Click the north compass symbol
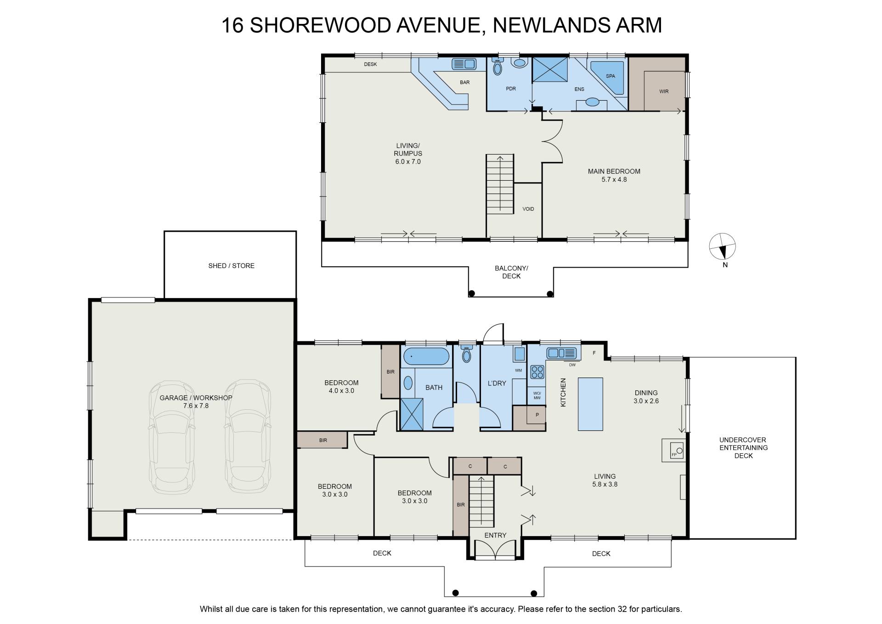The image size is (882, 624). coord(723,246)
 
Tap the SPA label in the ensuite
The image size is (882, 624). coord(610,76)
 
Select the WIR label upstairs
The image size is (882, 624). coord(664,92)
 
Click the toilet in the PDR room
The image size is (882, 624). coord(497,67)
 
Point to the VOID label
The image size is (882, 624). coord(528,209)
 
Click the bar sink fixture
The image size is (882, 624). coord(464,64)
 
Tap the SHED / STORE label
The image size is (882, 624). coord(231,266)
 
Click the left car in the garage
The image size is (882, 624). coord(171,437)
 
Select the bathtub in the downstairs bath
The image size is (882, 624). coord(426,356)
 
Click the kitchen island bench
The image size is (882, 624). coord(590,404)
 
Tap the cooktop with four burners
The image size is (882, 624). coord(537,372)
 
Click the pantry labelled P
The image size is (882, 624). coord(529,418)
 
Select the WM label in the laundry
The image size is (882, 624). coord(518,371)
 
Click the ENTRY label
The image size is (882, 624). coord(495,535)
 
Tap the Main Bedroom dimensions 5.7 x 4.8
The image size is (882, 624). coord(614,180)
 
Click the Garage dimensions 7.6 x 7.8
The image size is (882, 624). coord(196,406)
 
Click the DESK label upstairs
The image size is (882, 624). coord(370,64)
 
